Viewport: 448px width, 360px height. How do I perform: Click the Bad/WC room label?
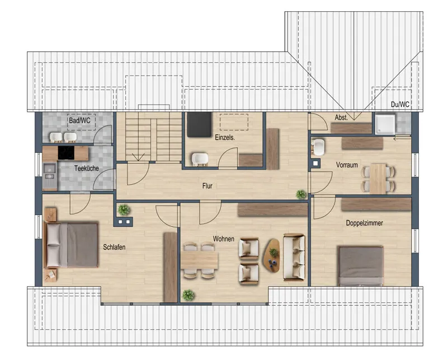(x=79, y=120)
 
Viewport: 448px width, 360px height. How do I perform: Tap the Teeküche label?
(x=86, y=168)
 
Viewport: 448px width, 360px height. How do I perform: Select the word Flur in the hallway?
(x=207, y=186)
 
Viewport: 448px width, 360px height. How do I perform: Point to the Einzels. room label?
(x=225, y=137)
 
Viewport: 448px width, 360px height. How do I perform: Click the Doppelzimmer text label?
(x=364, y=223)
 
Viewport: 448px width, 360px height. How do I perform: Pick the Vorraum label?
(x=347, y=165)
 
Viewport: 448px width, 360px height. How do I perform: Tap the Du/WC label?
(x=400, y=104)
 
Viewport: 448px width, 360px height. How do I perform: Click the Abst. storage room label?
(x=341, y=117)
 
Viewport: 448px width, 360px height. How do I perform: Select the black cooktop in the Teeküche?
(x=66, y=153)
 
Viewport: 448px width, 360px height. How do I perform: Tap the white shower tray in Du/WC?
(x=385, y=124)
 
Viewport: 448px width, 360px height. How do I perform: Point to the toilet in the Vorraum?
(x=318, y=146)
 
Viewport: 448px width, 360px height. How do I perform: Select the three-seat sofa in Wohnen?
(x=294, y=257)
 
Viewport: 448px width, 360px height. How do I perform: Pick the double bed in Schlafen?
(x=71, y=245)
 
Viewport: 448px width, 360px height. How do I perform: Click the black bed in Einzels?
(x=199, y=124)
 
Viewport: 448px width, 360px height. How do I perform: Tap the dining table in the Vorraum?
(x=378, y=178)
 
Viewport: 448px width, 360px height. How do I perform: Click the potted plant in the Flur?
(x=301, y=194)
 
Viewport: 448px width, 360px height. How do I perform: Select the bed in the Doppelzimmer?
(x=361, y=266)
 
